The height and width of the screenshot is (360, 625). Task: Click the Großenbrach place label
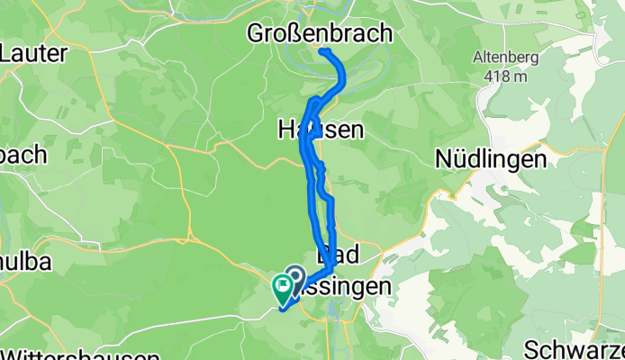point(321,34)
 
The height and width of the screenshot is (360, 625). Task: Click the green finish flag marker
point(282,289)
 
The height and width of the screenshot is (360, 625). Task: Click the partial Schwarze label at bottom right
point(574,349)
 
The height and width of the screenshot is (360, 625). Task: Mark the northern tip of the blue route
point(322,49)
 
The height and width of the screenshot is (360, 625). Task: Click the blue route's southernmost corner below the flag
point(284,310)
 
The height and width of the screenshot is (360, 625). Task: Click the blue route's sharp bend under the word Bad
point(333,268)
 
